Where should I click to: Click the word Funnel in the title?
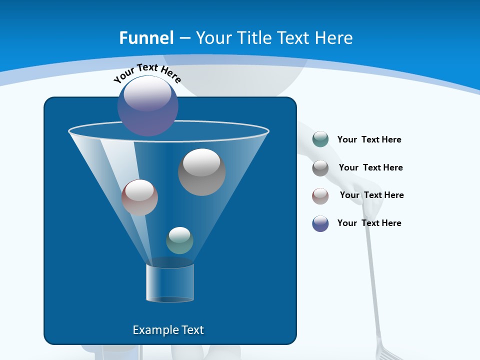(146, 38)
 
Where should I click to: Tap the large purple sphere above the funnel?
(148, 105)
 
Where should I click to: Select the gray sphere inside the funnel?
(201, 172)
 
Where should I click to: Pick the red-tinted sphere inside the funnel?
(139, 197)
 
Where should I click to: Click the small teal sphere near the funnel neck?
(179, 240)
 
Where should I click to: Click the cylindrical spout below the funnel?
(170, 282)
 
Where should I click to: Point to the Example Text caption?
(168, 330)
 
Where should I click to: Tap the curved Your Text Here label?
(147, 73)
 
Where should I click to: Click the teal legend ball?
(320, 139)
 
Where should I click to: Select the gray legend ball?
(320, 168)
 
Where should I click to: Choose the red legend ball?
(320, 196)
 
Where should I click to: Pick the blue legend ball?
(320, 223)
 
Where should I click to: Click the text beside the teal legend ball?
(369, 139)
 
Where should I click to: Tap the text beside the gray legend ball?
(370, 167)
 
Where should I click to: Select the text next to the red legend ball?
(371, 195)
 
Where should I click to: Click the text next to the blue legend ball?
(369, 223)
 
